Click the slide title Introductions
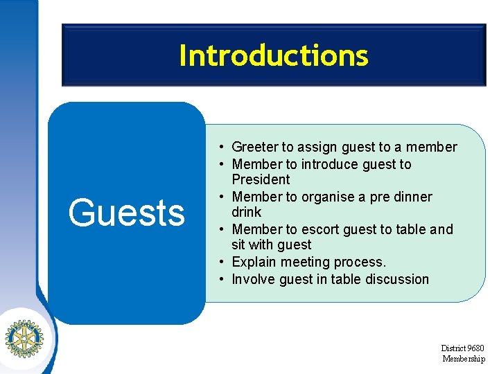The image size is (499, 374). pos(273,55)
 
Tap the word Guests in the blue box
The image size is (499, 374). pos(126,213)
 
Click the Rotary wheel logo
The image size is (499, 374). pos(24,338)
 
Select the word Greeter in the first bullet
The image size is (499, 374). pos(254,147)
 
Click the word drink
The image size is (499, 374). pos(247,212)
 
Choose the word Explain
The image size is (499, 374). pos(254,262)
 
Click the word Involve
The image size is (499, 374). pos(253,279)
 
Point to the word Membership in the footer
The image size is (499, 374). pos(464,358)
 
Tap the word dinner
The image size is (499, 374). pos(412,197)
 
